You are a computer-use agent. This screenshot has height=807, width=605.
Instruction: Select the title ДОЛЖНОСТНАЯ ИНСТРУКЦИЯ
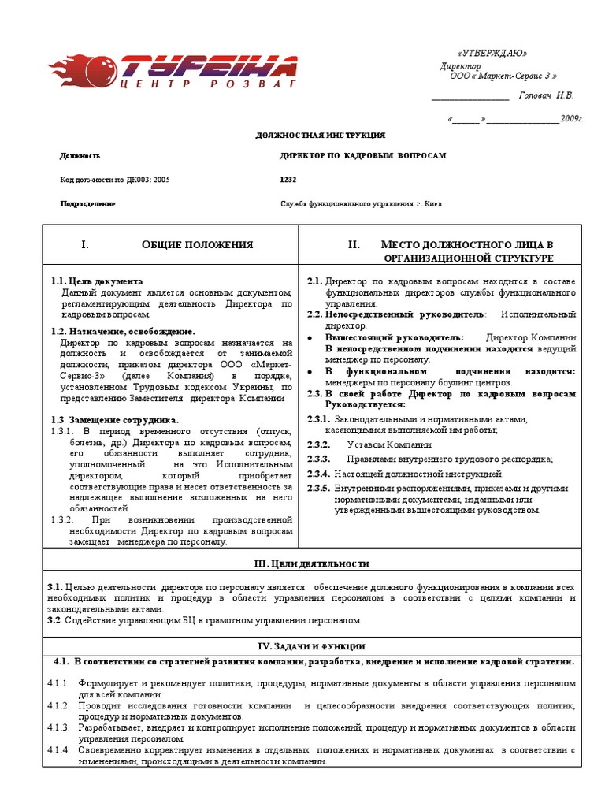pos(321,136)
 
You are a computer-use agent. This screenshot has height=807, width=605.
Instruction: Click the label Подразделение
pos(87,203)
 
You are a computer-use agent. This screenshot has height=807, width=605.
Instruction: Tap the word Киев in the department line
pos(433,203)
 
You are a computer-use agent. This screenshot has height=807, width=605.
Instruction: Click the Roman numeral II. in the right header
pos(354,245)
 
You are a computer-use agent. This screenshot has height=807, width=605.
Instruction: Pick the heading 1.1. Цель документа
pos(97,281)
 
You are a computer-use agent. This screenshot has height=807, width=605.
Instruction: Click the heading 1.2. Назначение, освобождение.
pos(122,332)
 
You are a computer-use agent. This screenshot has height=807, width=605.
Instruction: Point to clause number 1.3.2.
pos(62,520)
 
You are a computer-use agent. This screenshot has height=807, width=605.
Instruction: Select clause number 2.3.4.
pos(317,474)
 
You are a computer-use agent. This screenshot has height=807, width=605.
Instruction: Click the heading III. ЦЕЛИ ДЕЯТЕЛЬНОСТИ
pos(311,563)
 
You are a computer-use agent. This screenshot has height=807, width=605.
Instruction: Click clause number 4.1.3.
pos(59,727)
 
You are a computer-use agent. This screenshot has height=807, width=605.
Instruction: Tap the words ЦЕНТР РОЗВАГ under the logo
pos(208,82)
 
